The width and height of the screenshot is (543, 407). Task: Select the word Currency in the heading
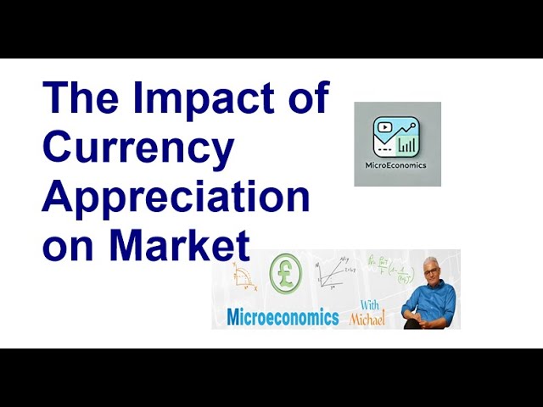pos(137,148)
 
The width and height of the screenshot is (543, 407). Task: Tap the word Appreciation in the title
pos(176,198)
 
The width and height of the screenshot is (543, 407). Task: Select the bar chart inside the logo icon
pos(408,145)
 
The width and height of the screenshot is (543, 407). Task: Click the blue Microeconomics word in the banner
pos(283,317)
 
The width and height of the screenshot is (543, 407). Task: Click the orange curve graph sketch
pos(247,276)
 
